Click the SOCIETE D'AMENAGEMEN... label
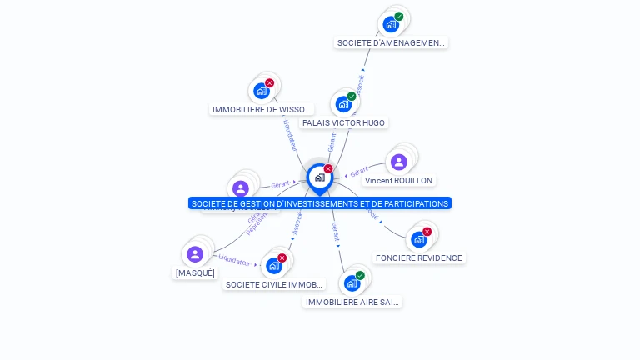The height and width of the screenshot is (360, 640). [x=391, y=42]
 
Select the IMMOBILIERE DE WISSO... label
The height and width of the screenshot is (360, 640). [x=262, y=109]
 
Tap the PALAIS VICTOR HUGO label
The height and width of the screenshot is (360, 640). [x=343, y=122]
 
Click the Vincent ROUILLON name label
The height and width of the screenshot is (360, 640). [x=398, y=180]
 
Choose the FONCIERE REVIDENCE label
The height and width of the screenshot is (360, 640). [x=418, y=257]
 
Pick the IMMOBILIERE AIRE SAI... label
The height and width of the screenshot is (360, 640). [x=352, y=302]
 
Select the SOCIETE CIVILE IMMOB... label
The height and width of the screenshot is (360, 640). [x=274, y=284]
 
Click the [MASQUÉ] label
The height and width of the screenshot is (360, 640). [x=195, y=272]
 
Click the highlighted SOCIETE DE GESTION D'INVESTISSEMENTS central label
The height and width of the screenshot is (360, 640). [x=319, y=203]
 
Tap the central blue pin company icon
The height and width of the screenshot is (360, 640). [x=319, y=177]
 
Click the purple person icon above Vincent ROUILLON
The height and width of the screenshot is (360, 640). [x=398, y=162]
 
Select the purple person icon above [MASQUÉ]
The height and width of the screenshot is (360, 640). [x=195, y=254]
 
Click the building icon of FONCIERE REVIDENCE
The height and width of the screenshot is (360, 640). [x=418, y=239]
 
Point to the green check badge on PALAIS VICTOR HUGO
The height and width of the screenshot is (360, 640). [x=352, y=97]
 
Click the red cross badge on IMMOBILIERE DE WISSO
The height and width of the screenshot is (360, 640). [x=269, y=83]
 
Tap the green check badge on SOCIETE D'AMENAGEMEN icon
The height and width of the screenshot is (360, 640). [x=399, y=17]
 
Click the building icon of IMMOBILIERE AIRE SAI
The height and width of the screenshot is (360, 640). [x=352, y=283]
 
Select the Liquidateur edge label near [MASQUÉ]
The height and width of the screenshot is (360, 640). [x=234, y=261]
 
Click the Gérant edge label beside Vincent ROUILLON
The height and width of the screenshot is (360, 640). [x=359, y=172]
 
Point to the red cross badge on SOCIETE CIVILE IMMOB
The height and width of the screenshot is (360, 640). [x=282, y=258]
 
